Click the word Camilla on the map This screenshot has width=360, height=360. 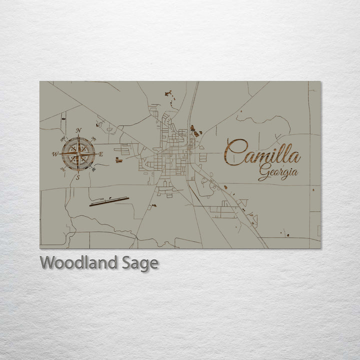(x=262, y=152)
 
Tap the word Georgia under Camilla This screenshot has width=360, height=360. (x=278, y=173)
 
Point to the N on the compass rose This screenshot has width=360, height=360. (x=78, y=131)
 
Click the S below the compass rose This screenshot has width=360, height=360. (x=77, y=177)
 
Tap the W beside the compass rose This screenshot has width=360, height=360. (x=55, y=154)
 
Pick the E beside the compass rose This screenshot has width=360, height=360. (x=100, y=154)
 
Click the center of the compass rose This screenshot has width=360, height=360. (x=78, y=154)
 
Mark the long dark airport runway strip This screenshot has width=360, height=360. (x=109, y=201)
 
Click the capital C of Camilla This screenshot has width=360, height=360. (x=235, y=152)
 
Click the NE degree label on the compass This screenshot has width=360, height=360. (x=93, y=138)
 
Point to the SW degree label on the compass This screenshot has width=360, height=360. (x=62, y=169)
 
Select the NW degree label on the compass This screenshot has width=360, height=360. (x=62, y=138)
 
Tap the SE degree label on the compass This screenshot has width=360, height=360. (x=93, y=169)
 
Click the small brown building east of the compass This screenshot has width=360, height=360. (x=117, y=160)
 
